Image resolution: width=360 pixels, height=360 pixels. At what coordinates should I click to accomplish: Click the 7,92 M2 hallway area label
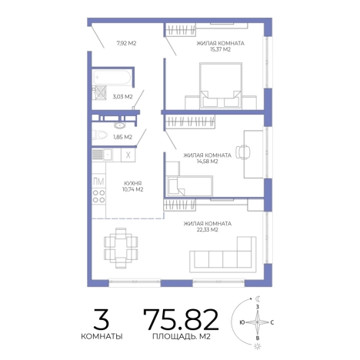pyautogui.click(x=126, y=43)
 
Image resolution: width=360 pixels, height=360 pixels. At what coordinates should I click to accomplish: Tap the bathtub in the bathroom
pyautogui.click(x=112, y=77)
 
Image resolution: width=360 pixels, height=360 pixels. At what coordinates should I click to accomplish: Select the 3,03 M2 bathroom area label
pyautogui.click(x=122, y=97)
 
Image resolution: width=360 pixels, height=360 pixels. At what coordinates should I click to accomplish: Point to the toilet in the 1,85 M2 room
pyautogui.click(x=100, y=135)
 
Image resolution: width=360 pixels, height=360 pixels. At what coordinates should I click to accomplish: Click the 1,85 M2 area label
pyautogui.click(x=122, y=137)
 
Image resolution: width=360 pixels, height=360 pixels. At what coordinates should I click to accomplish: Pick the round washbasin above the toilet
pyautogui.click(x=119, y=125)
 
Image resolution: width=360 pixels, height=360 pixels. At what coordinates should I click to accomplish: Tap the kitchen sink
pyautogui.click(x=102, y=155)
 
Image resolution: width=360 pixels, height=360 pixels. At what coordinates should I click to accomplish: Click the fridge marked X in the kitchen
pyautogui.click(x=128, y=155)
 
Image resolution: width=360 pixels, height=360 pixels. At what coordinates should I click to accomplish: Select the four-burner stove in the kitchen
pyautogui.click(x=98, y=196)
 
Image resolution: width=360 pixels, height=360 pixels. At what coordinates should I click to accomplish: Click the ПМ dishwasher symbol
pyautogui.click(x=98, y=182)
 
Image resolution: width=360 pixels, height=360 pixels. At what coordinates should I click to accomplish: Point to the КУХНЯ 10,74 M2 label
pyautogui.click(x=133, y=186)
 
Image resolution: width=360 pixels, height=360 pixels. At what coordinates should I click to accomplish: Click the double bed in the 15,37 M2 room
pyautogui.click(x=221, y=85)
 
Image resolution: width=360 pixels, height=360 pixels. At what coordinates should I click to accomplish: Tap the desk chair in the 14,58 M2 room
pyautogui.click(x=242, y=152)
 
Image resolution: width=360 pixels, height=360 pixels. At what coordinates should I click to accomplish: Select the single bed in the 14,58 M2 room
pyautogui.click(x=189, y=186)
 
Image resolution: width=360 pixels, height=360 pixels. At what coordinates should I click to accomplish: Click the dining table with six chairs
pyautogui.click(x=121, y=248)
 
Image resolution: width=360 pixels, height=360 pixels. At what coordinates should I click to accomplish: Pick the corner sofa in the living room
pyautogui.click(x=223, y=255)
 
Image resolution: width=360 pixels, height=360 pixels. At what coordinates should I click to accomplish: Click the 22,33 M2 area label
pyautogui.click(x=207, y=227)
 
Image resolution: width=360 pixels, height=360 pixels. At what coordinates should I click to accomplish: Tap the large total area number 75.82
pyautogui.click(x=181, y=319)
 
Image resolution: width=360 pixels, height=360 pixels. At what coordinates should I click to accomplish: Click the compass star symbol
pyautogui.click(x=258, y=322)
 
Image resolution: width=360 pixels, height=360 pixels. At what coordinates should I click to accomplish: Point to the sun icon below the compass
pyautogui.click(x=258, y=347)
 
